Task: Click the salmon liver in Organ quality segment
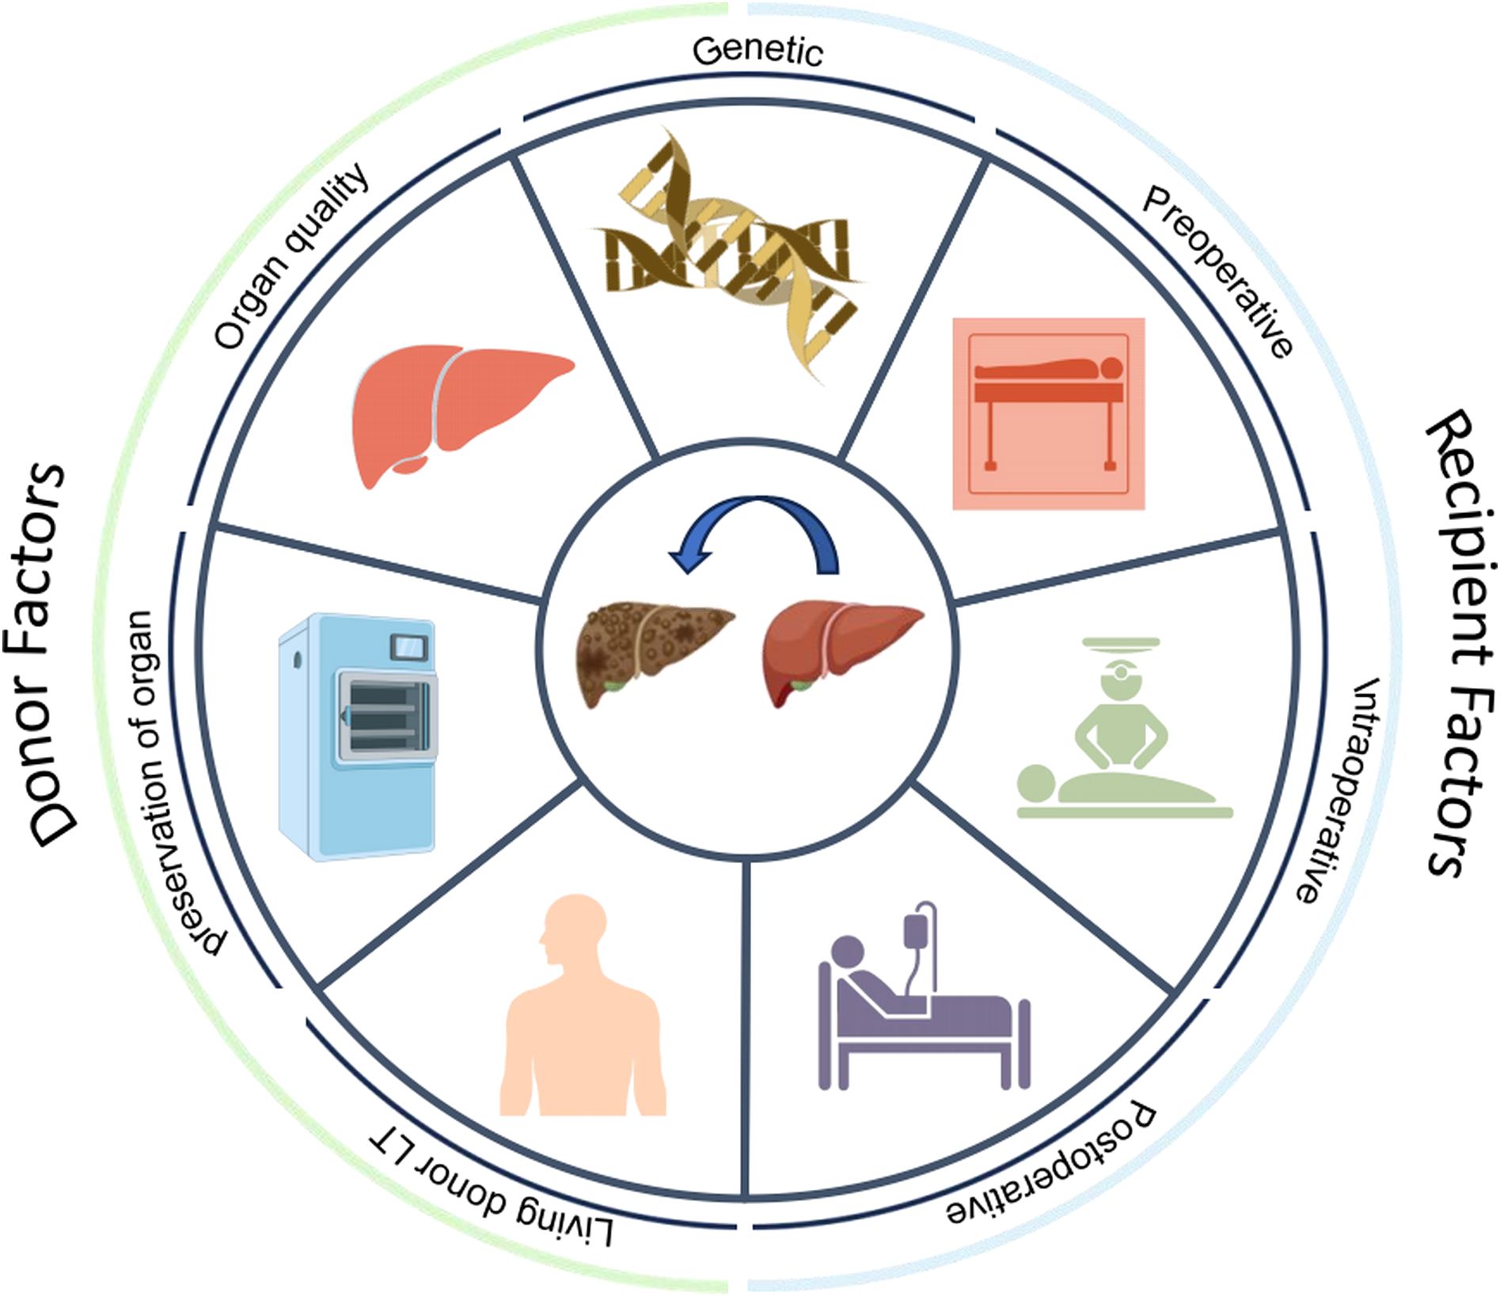[x=459, y=412]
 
